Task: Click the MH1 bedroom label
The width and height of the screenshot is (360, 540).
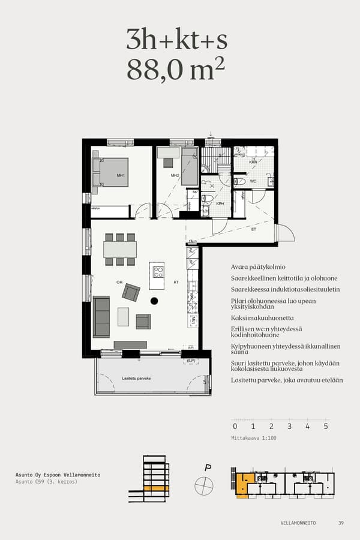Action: click(x=121, y=176)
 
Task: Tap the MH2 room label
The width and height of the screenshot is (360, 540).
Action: click(x=175, y=176)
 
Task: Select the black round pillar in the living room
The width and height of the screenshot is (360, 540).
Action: click(x=154, y=301)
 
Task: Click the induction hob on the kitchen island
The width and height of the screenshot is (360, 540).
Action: click(x=158, y=272)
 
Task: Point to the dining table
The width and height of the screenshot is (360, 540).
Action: click(x=120, y=249)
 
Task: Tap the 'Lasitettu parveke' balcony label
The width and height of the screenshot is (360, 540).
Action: click(x=136, y=379)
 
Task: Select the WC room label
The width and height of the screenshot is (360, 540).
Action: click(x=253, y=181)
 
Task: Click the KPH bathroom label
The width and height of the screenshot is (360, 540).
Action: click(x=220, y=204)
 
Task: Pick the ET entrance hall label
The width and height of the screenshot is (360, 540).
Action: click(x=253, y=229)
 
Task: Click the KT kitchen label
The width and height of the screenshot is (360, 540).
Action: click(x=176, y=282)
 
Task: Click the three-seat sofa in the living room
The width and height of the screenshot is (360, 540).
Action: click(x=101, y=316)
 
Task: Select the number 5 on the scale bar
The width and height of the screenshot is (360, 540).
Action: click(x=326, y=427)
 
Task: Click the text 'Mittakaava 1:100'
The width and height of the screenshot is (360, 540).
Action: click(x=254, y=438)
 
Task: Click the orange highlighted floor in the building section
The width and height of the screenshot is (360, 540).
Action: click(x=155, y=488)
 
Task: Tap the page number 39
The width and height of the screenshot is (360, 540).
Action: click(x=341, y=523)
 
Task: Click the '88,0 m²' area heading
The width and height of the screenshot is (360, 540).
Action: click(x=176, y=70)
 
